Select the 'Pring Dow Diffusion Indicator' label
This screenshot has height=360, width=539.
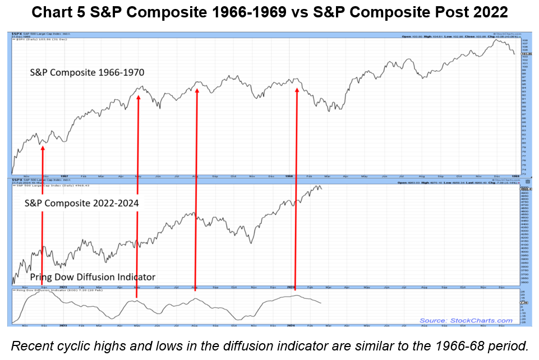pyautogui.click(x=93, y=276)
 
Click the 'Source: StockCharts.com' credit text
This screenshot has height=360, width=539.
pyautogui.click(x=466, y=321)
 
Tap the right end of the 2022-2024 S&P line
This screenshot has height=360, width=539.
pyautogui.click(x=322, y=188)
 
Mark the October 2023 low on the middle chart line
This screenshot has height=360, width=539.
pyautogui.click(x=250, y=243)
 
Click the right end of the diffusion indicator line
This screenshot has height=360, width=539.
pyautogui.click(x=321, y=303)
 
